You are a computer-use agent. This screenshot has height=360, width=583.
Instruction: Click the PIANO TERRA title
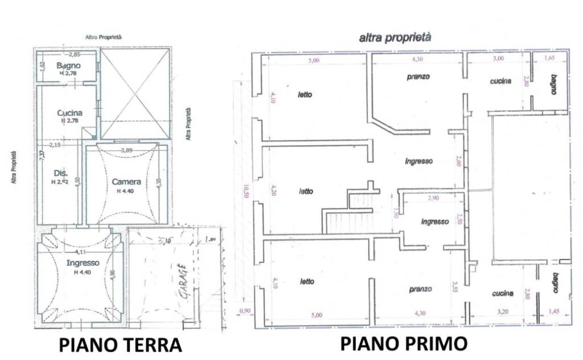120,345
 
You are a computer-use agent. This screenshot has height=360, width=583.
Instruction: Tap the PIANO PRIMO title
404,343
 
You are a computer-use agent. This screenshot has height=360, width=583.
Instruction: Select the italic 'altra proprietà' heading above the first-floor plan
395,38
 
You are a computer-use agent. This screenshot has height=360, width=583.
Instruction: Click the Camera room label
126,182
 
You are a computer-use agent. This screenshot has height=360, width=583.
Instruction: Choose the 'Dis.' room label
60,173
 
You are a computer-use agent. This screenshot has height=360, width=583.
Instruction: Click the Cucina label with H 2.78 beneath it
70,113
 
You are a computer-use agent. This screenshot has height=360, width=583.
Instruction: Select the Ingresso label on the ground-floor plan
83,263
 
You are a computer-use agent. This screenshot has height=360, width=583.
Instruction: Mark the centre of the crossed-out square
136,93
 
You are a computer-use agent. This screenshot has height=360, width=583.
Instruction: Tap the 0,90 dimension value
245,310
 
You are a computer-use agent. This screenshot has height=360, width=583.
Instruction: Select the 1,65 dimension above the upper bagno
549,58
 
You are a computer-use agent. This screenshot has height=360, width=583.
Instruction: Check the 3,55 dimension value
454,284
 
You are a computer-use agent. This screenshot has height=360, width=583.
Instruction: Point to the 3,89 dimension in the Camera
126,150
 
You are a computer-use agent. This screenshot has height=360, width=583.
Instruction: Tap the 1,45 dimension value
553,313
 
